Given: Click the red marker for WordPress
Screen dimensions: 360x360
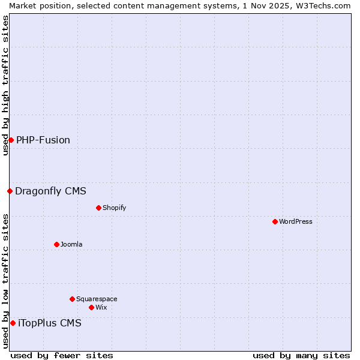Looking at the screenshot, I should (x=275, y=221).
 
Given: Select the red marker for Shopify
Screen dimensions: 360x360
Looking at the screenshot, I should (x=98, y=208).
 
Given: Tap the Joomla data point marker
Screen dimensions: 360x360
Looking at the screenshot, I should (x=56, y=244).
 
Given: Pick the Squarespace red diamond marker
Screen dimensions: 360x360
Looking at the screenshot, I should (x=72, y=299).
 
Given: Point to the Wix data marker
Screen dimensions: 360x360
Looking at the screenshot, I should (x=91, y=307).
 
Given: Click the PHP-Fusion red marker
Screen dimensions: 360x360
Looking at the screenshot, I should (x=11, y=140).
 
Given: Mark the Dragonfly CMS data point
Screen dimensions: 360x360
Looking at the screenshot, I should (x=10, y=191).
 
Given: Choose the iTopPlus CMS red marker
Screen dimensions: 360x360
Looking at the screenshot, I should (x=13, y=323).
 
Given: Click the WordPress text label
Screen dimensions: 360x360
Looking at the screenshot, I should (x=295, y=221).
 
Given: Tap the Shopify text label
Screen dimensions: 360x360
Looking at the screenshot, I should (x=114, y=208).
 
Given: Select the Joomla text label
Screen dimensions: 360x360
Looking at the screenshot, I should (x=71, y=244).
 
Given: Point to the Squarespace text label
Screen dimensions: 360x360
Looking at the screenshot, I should (x=97, y=299).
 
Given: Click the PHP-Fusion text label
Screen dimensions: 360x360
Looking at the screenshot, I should (x=43, y=140).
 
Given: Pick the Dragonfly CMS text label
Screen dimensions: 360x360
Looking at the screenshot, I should (x=50, y=191).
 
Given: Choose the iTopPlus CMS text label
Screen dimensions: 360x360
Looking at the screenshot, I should (x=50, y=323).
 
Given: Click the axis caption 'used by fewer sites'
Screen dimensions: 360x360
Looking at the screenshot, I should (x=62, y=355).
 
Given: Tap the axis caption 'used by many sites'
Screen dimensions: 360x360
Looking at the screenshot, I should (x=301, y=355).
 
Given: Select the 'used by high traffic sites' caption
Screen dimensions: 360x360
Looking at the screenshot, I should (x=5, y=85).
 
